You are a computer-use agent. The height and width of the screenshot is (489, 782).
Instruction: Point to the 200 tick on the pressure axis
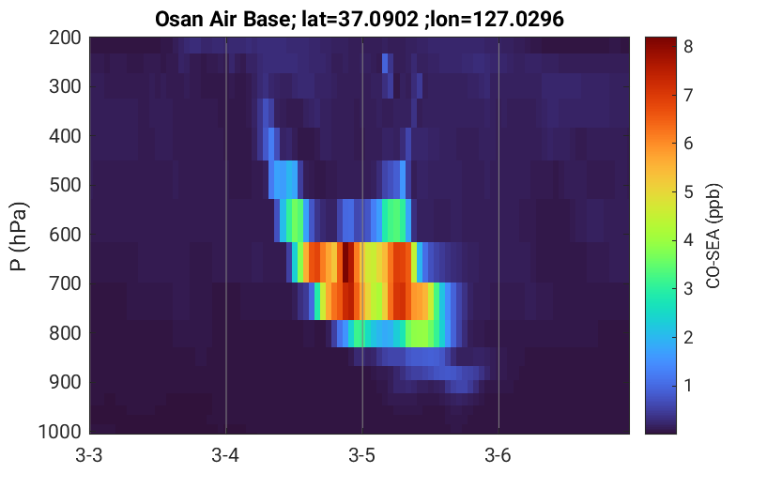65,38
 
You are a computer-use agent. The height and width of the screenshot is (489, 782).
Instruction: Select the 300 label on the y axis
65,86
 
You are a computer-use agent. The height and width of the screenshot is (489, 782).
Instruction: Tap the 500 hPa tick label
65,185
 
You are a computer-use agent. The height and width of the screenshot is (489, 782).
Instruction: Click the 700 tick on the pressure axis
65,283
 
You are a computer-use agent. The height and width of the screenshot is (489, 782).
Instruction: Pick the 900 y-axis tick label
65,382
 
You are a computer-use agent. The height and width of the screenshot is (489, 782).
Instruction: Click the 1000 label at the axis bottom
60,432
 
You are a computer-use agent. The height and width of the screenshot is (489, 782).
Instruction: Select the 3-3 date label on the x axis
89,455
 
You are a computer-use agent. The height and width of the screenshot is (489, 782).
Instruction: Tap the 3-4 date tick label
225,455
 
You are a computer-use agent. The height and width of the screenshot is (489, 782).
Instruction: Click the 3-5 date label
362,455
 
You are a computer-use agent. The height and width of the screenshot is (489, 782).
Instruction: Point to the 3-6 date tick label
498,455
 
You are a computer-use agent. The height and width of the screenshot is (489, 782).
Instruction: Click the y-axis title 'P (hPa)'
19,237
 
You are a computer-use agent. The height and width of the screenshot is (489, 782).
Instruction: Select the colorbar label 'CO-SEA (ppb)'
713,237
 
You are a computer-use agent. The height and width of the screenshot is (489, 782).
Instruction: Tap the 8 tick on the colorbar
689,47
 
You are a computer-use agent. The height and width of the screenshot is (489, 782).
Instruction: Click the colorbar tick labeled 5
689,192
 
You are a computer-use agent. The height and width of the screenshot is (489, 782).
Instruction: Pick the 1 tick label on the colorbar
689,386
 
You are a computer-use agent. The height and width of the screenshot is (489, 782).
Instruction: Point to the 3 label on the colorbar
689,289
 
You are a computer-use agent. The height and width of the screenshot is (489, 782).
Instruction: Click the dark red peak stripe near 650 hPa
345,262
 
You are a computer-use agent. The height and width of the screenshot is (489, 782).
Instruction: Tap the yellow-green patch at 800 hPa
419,333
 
